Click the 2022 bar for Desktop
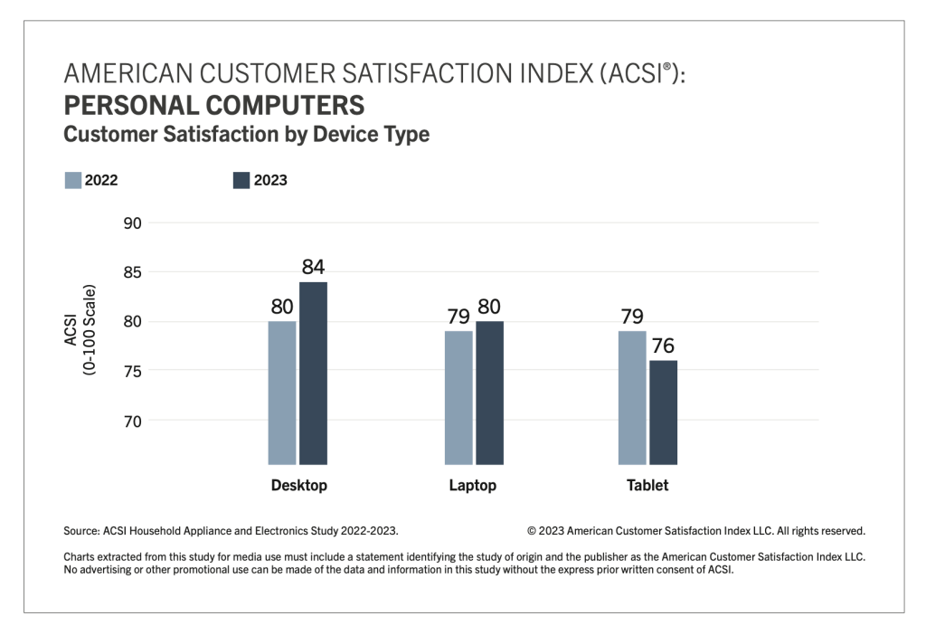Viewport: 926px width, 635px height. point(282,393)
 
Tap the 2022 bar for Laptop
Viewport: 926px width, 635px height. point(458,397)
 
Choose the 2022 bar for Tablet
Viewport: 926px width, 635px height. point(632,397)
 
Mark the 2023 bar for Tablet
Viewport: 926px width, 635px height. point(663,412)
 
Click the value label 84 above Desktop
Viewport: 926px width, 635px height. point(313,267)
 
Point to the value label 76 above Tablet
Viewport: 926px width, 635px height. point(663,346)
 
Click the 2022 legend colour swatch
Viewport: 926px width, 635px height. point(73,180)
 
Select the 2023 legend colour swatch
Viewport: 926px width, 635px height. point(241,180)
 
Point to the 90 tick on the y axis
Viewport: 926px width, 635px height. point(133,223)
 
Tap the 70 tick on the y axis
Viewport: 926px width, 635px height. point(133,421)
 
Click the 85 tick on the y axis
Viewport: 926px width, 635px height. point(133,272)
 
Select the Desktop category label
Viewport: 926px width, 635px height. point(298,486)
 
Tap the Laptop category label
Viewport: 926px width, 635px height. point(472,486)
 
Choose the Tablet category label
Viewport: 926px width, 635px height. point(647,486)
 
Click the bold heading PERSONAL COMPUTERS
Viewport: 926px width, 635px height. point(213,106)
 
